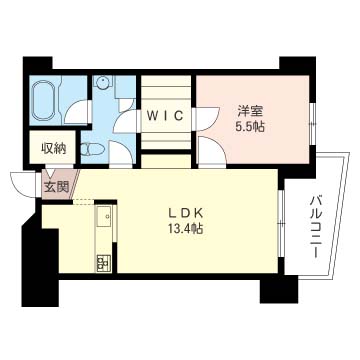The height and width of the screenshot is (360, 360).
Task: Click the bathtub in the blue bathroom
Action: (44, 99)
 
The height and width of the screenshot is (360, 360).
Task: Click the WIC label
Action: (166, 116)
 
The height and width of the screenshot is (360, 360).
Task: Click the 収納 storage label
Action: (54, 149)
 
